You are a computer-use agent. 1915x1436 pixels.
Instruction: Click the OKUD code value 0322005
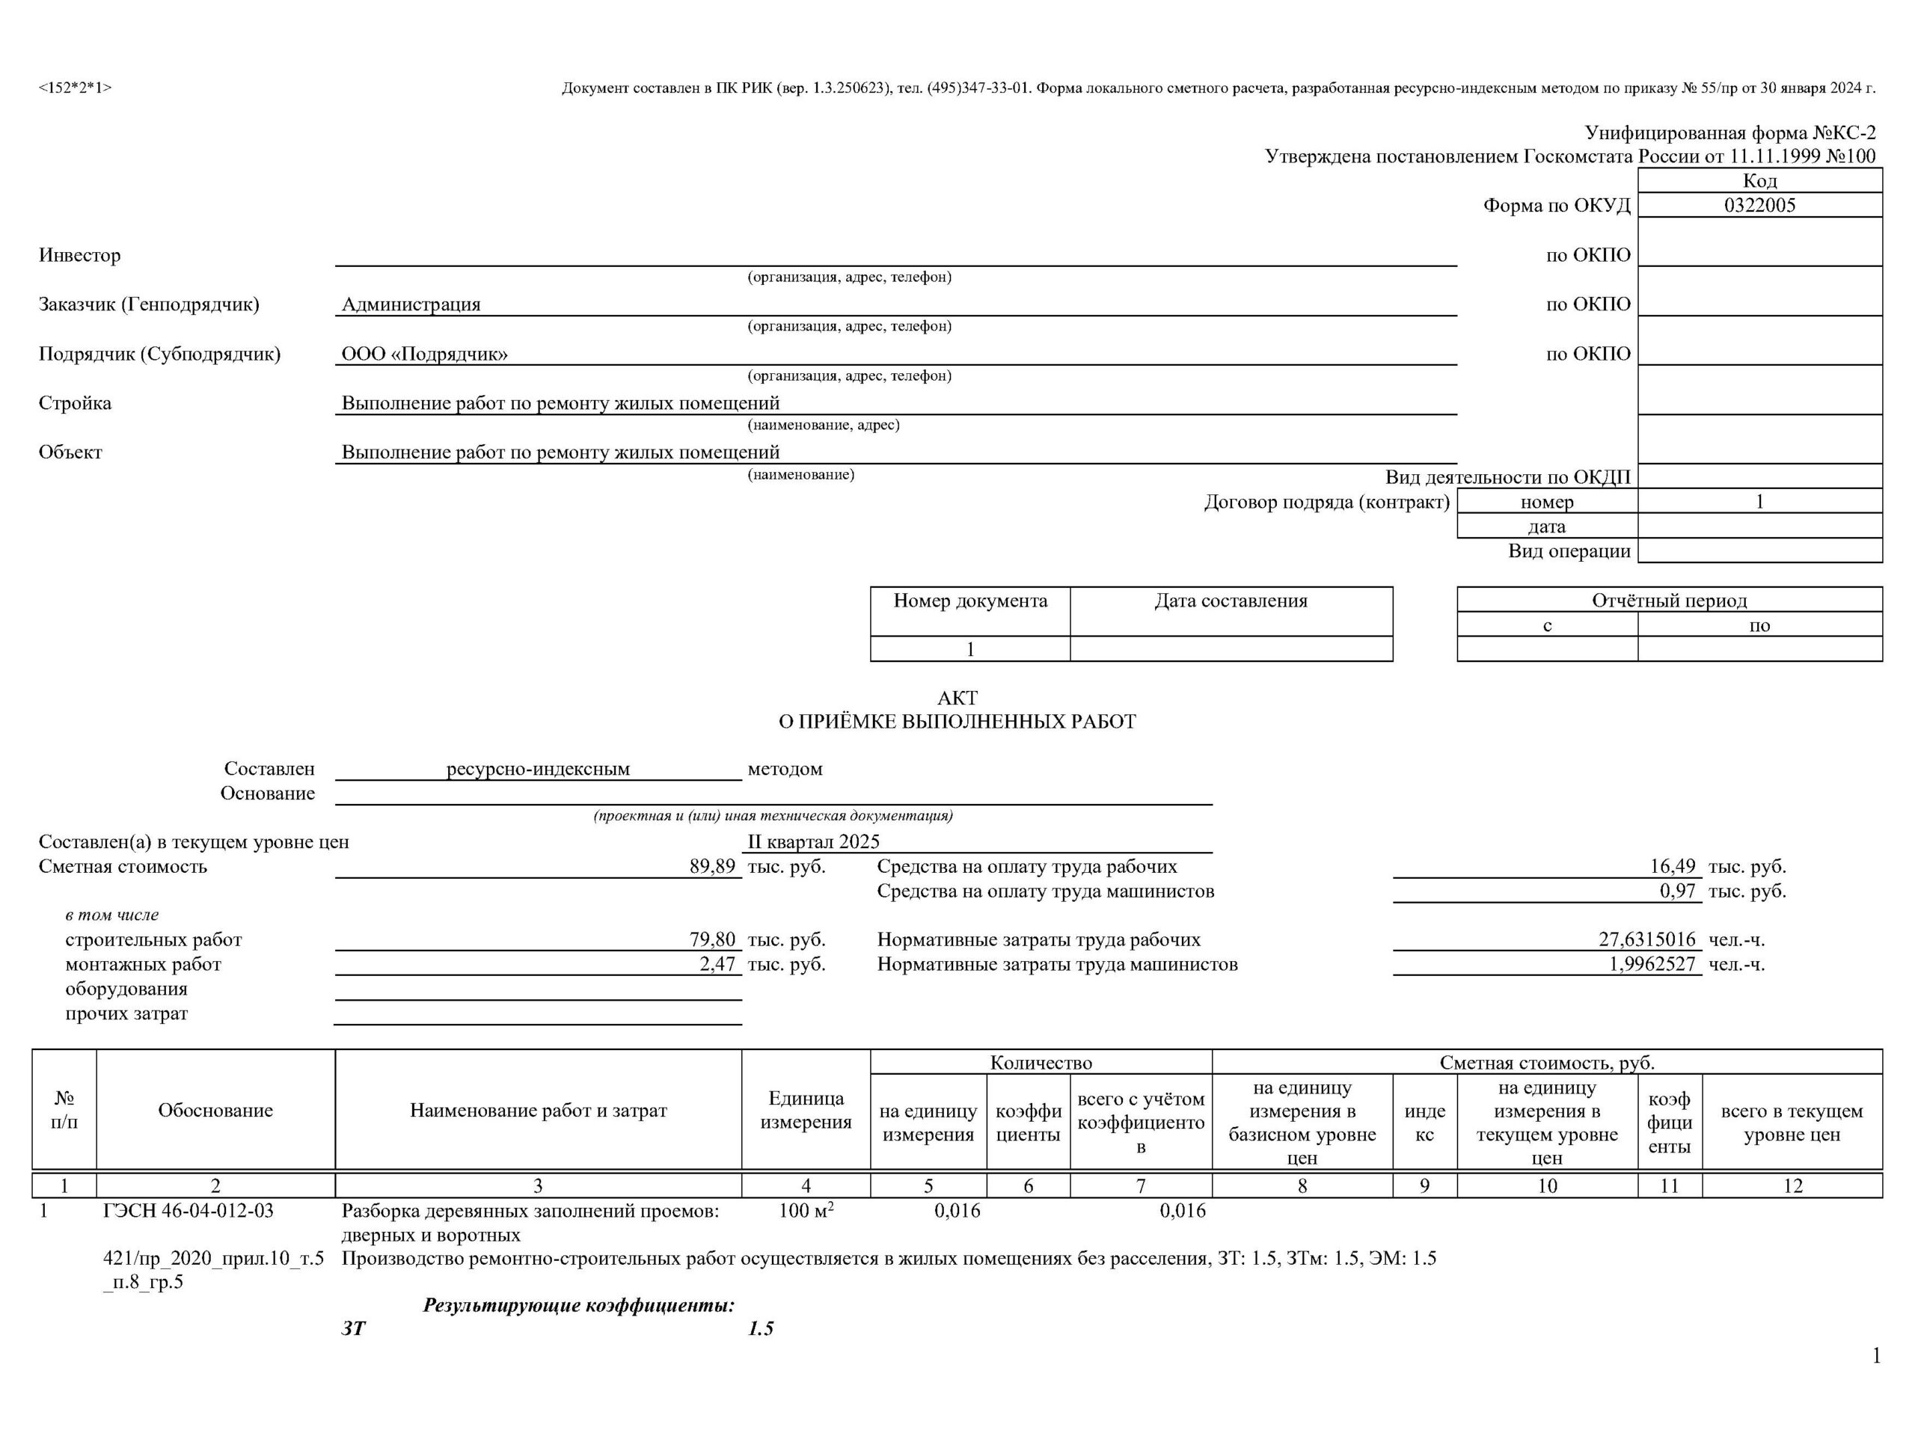pos(1759,205)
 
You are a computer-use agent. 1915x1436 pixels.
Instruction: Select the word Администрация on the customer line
pos(411,304)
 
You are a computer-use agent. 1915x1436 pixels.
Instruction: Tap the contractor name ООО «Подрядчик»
pos(424,354)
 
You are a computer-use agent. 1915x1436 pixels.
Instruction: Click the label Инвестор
pos(79,255)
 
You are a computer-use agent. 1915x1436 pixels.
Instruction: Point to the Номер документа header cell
pos(969,601)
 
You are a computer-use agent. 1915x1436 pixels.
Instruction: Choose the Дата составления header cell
pos(1231,601)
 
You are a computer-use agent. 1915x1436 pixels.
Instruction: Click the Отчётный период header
pos(1668,600)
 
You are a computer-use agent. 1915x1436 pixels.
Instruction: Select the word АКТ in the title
pos(957,698)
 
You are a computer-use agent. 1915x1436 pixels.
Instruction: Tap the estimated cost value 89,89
pos(711,866)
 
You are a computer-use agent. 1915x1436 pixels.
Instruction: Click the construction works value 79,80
pos(711,939)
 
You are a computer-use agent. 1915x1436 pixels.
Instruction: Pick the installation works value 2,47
pos(717,964)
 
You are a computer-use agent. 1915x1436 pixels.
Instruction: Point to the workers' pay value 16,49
pos(1672,866)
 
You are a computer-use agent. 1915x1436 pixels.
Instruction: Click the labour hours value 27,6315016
pos(1646,939)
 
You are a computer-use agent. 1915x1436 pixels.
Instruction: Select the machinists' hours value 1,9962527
pos(1652,964)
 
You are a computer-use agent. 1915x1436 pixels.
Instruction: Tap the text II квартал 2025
pos(813,841)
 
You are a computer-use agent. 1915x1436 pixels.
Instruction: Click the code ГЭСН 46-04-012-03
pos(188,1211)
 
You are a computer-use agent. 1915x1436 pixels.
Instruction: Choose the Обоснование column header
pos(215,1111)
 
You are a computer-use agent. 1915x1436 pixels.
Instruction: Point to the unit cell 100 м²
pos(805,1211)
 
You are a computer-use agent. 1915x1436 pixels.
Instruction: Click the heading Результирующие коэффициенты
pos(578,1305)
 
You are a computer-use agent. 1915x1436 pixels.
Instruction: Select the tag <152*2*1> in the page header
pos(76,88)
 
